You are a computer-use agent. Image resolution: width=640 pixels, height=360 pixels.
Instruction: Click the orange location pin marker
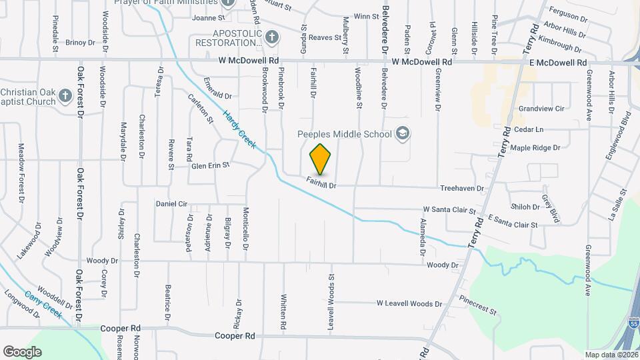321,159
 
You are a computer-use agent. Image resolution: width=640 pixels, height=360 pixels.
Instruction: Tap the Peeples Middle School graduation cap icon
403,134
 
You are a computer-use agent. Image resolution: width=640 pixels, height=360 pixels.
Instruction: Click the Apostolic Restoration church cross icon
271,37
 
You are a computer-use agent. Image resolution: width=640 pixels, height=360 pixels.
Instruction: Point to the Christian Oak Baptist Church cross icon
65,95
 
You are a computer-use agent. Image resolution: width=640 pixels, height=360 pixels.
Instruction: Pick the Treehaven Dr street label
461,189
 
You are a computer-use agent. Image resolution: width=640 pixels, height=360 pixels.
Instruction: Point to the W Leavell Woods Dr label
409,303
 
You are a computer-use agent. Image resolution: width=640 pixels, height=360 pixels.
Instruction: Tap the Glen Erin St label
210,165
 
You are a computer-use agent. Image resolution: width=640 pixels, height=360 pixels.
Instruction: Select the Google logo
22,351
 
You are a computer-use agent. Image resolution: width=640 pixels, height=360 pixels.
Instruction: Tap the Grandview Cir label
541,108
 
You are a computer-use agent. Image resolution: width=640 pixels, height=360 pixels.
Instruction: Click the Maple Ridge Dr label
535,147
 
